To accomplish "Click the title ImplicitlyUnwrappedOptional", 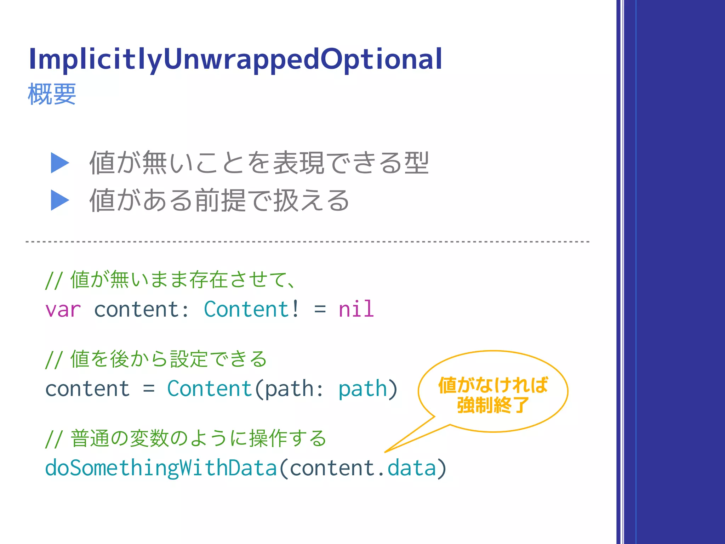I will pyautogui.click(x=235, y=59).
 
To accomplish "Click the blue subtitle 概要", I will pyautogui.click(x=52, y=94).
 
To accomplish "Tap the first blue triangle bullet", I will pyautogui.click(x=59, y=163).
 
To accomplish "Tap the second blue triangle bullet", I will pyautogui.click(x=59, y=200).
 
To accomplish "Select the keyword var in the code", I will pyautogui.click(x=63, y=310).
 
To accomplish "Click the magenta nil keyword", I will pyautogui.click(x=356, y=309).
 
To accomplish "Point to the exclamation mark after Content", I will pyautogui.click(x=296, y=309).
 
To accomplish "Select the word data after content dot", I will pyautogui.click(x=411, y=468).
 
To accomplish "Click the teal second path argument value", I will pyautogui.click(x=362, y=389).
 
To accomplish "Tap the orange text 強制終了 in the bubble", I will pyautogui.click(x=493, y=405).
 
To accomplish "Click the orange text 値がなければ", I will pyautogui.click(x=493, y=385).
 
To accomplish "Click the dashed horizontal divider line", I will pyautogui.click(x=307, y=242).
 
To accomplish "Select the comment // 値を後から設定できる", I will pyautogui.click(x=156, y=359).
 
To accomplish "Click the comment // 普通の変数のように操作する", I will pyautogui.click(x=185, y=438).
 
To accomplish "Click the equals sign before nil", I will pyautogui.click(x=320, y=310).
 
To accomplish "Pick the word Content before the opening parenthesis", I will pyautogui.click(x=209, y=389).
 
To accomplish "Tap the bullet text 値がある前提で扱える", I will pyautogui.click(x=219, y=200).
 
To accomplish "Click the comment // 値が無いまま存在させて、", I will pyautogui.click(x=170, y=280).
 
